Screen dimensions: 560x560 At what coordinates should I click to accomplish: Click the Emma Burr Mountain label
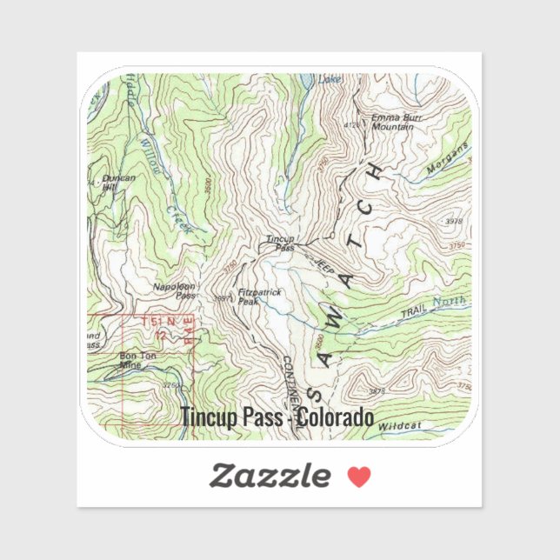(x=391, y=122)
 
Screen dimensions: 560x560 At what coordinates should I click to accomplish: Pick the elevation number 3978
(x=454, y=221)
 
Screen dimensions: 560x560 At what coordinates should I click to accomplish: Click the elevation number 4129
(x=351, y=124)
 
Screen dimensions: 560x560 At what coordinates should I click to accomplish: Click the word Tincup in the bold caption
(x=207, y=418)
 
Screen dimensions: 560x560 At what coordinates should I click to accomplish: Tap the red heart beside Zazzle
(x=359, y=476)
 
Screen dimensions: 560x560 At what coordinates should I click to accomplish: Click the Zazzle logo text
(x=270, y=476)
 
